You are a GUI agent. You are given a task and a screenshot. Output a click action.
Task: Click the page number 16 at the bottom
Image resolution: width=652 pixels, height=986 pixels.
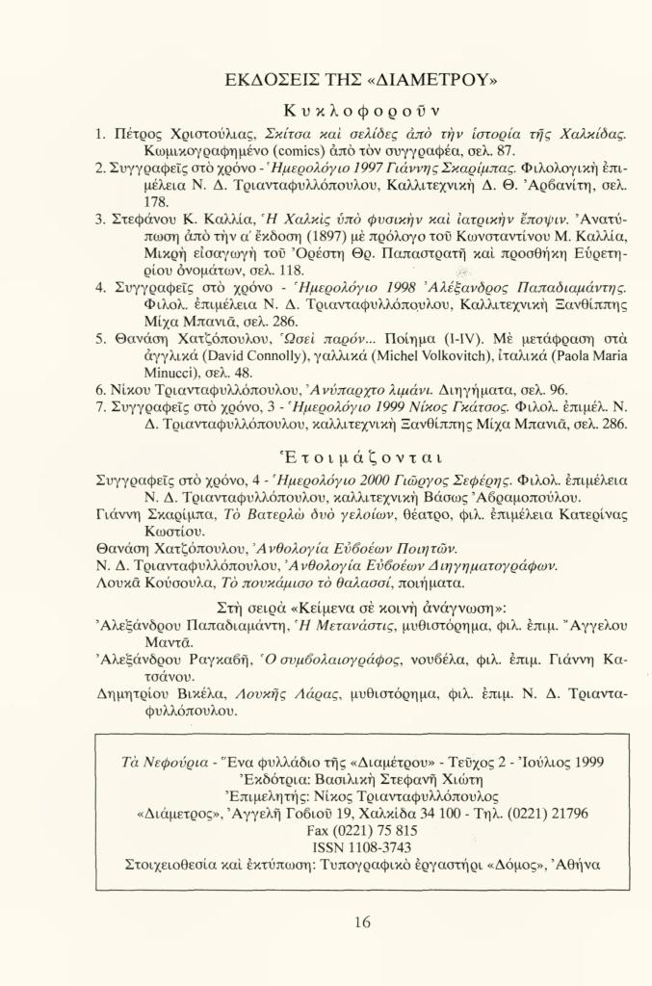pos(362,922)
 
